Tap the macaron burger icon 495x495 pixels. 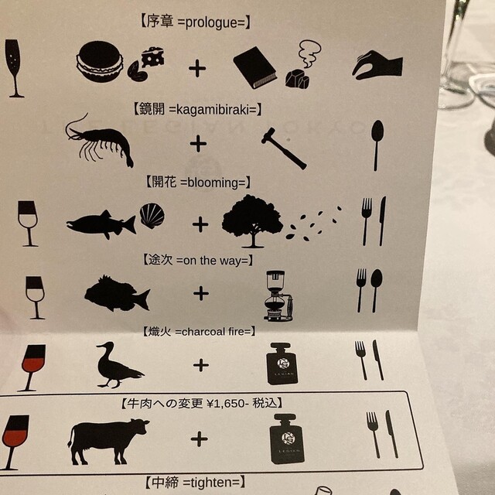[x=100, y=61]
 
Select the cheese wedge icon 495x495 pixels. [x=153, y=56]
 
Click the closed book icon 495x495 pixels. [x=255, y=67]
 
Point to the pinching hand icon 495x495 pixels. [x=377, y=65]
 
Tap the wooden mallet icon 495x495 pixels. [x=284, y=148]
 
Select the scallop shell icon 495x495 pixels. [x=152, y=216]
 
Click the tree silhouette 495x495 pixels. [x=252, y=221]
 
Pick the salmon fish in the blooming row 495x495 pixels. [x=101, y=224]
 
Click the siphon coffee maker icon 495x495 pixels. [x=278, y=295]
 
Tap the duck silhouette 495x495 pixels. [x=118, y=365]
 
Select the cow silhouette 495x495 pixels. [x=108, y=442]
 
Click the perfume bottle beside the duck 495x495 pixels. [x=282, y=364]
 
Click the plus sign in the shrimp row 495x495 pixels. [x=198, y=144]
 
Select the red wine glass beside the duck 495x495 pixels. [x=32, y=367]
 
